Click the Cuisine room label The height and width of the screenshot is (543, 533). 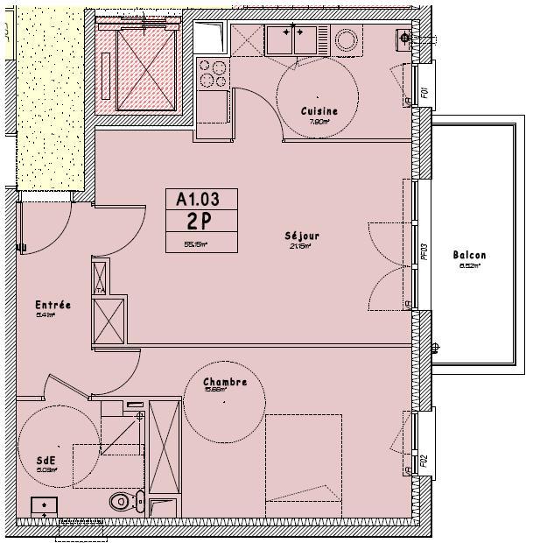pyautogui.click(x=319, y=111)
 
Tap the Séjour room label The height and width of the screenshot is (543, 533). pyautogui.click(x=302, y=236)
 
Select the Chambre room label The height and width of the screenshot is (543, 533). pyautogui.click(x=225, y=383)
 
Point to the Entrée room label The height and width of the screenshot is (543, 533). pyautogui.click(x=53, y=305)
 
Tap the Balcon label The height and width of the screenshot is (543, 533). pyautogui.click(x=469, y=256)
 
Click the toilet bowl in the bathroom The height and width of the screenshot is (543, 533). pyautogui.click(x=123, y=502)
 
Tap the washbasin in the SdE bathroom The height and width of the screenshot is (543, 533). pyautogui.click(x=45, y=506)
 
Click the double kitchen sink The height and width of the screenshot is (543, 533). pyautogui.click(x=292, y=39)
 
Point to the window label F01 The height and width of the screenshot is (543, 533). pyautogui.click(x=423, y=91)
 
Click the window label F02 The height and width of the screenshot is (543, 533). pyautogui.click(x=423, y=459)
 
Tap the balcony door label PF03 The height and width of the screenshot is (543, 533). pyautogui.click(x=423, y=253)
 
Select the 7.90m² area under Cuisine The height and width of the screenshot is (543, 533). pyautogui.click(x=319, y=123)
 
